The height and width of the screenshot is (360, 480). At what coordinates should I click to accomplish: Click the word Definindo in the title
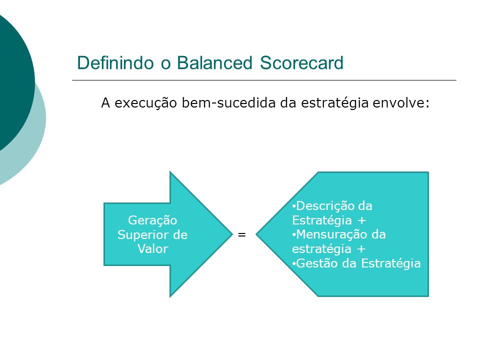coord(115,63)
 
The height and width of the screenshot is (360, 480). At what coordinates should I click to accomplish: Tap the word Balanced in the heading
coord(214,63)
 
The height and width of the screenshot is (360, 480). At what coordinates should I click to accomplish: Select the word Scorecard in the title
coord(302,63)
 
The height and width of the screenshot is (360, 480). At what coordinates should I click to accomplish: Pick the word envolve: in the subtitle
coord(401,103)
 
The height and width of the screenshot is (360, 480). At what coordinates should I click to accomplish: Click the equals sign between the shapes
coord(242,235)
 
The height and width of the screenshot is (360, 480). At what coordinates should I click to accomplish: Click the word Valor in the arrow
coord(153,249)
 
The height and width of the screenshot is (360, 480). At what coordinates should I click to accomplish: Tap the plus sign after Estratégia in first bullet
coord(362,220)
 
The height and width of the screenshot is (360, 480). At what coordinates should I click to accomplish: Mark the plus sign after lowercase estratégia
coord(361,249)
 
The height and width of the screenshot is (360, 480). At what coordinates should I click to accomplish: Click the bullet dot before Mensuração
coord(294,235)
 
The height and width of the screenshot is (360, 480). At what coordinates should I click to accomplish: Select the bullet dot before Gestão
coord(294,263)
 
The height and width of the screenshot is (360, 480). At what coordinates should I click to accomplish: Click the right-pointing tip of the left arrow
coord(232,234)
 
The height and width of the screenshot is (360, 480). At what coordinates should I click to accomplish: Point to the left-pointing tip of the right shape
coord(256,234)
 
